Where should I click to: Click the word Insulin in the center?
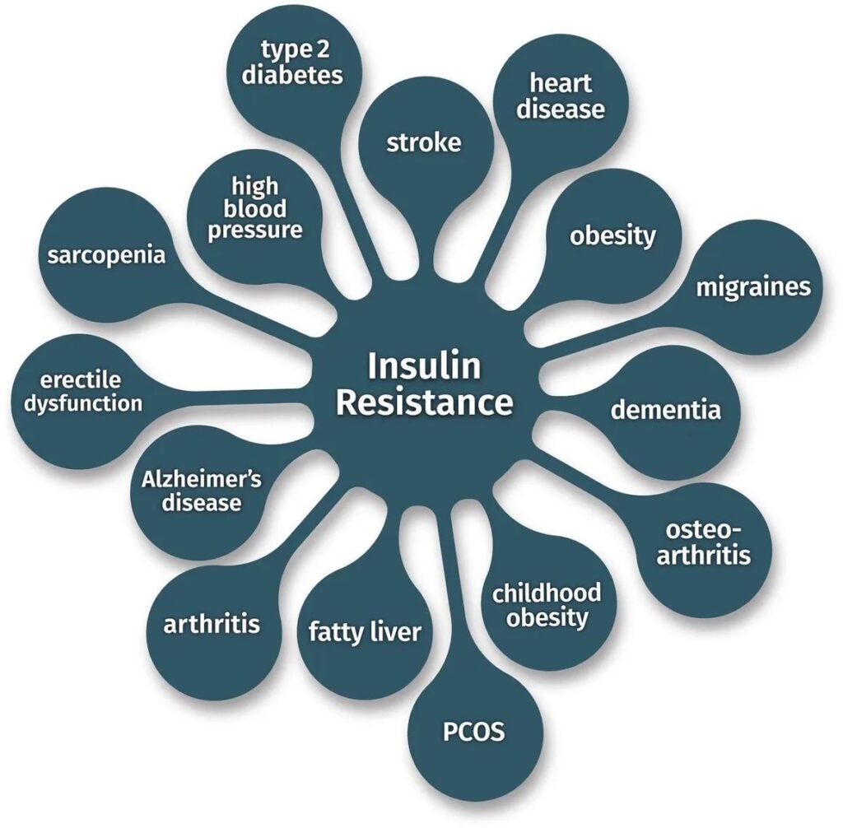point(424,365)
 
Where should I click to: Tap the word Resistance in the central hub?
point(425,402)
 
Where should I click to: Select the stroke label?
point(424,142)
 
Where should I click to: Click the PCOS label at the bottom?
point(473,732)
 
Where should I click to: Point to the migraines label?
point(753,286)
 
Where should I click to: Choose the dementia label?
point(665,410)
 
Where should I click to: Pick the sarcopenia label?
point(106,255)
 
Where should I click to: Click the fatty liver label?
point(365,632)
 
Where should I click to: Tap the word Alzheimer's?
point(202,479)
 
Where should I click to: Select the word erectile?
point(81,380)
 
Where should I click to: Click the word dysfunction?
point(83,403)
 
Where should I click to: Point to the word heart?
point(561,83)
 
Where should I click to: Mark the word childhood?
point(547,593)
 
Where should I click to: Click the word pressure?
point(255,230)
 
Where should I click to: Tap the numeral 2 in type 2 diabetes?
point(322,50)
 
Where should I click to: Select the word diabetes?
point(292,74)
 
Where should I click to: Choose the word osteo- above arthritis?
point(703,530)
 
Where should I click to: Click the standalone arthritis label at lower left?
point(212,624)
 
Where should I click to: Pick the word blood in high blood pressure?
point(255,208)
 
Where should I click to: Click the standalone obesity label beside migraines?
point(612,236)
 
